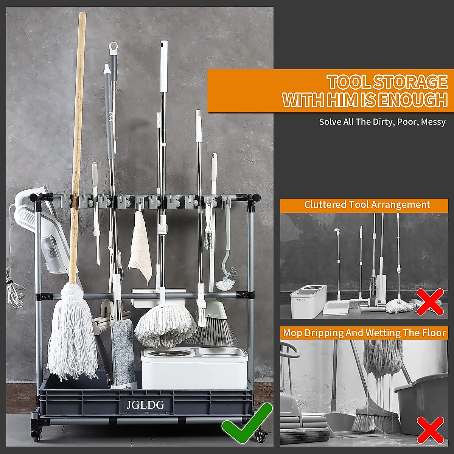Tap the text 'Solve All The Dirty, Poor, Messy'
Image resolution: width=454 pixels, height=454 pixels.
pyautogui.click(x=382, y=122)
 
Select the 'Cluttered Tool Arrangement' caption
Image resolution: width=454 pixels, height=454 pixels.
pyautogui.click(x=367, y=205)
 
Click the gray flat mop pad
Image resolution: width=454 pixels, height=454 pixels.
pyautogui.click(x=123, y=352)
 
